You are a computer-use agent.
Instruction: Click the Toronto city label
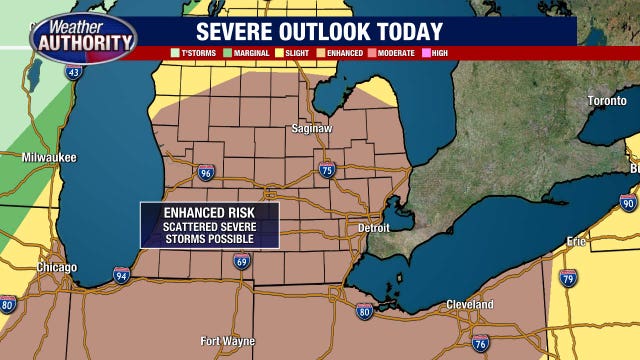tap(607, 101)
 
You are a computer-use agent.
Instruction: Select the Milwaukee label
tap(49, 158)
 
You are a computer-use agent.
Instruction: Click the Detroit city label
tap(375, 229)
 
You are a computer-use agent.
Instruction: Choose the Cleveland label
tap(470, 304)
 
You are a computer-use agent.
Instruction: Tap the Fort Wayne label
tap(227, 341)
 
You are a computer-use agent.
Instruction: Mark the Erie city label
tap(577, 242)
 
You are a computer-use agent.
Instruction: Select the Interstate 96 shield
tap(205, 173)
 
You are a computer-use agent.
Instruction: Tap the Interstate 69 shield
tap(242, 262)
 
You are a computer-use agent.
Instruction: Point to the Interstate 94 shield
tap(121, 275)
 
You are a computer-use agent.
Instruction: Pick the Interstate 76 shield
tap(481, 342)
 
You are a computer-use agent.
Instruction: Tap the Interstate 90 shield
tap(627, 203)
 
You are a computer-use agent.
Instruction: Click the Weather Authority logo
tap(82, 37)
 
